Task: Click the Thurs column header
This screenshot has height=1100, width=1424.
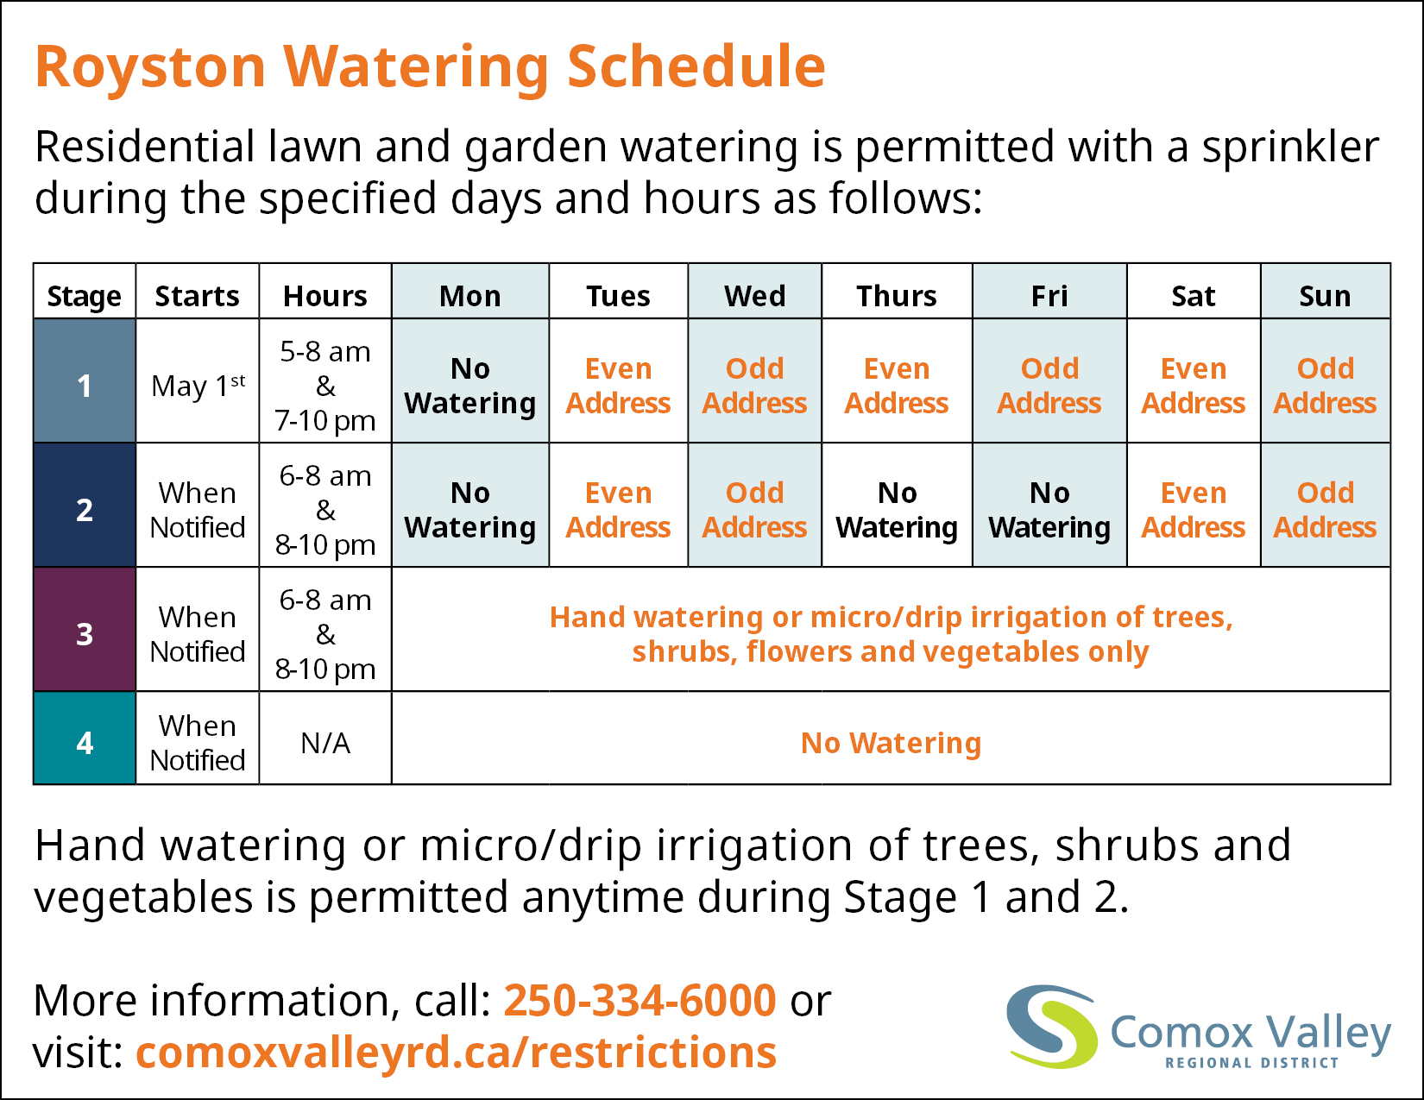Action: coord(897,296)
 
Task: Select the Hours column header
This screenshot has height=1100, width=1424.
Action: coord(325,296)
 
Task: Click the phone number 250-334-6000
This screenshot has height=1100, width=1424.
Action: coord(640,1001)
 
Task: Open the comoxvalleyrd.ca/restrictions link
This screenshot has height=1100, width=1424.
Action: coord(456,1053)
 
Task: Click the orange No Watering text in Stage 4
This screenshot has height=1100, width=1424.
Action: coord(891,743)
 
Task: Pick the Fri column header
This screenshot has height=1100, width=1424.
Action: coord(1049,296)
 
